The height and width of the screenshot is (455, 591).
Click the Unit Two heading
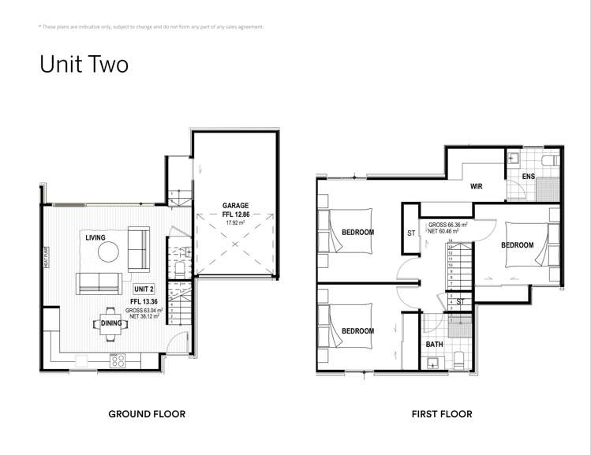(84, 64)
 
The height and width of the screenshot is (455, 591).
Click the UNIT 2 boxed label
(143, 289)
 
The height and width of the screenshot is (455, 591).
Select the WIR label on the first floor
(476, 187)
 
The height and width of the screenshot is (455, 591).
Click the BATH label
(435, 345)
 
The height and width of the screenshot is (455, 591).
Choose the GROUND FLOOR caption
(147, 413)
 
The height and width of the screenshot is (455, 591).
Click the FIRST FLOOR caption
(442, 413)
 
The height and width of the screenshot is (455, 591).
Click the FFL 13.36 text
(144, 300)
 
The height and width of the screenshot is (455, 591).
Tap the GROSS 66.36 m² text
(448, 225)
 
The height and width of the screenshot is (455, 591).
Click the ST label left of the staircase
(411, 233)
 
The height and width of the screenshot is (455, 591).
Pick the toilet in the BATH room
(458, 362)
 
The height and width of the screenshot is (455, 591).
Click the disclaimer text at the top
(151, 27)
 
